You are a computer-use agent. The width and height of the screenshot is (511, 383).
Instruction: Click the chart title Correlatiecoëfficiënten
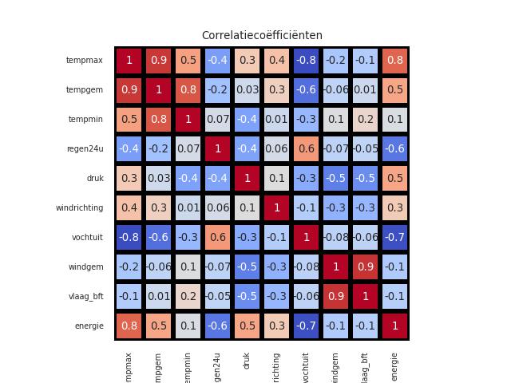pyautogui.click(x=262, y=35)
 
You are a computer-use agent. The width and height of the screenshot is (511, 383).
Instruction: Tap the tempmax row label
pyautogui.click(x=85, y=61)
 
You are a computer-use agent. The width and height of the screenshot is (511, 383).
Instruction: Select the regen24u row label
pyautogui.click(x=85, y=149)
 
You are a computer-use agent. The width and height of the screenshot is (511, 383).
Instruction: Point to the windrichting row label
pyautogui.click(x=79, y=208)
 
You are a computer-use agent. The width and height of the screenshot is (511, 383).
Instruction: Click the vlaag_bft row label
pyautogui.click(x=85, y=296)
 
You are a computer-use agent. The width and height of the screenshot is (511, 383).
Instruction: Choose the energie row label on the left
pyautogui.click(x=89, y=326)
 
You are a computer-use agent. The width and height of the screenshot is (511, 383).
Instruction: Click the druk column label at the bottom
pyautogui.click(x=247, y=361)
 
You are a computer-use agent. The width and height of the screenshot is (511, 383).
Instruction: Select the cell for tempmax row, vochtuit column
pyautogui.click(x=306, y=61)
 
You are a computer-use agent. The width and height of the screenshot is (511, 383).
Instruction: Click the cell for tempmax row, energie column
pyautogui.click(x=394, y=61)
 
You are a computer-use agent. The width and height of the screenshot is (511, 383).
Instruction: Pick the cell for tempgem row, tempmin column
pyautogui.click(x=188, y=90)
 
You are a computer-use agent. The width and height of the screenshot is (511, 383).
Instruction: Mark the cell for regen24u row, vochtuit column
pyautogui.click(x=306, y=149)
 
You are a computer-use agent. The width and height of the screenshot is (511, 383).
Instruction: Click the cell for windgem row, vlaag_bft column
pyautogui.click(x=365, y=267)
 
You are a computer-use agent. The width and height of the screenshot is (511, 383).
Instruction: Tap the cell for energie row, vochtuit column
pyautogui.click(x=306, y=326)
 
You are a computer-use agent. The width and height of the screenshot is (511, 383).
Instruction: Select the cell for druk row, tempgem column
pyautogui.click(x=158, y=179)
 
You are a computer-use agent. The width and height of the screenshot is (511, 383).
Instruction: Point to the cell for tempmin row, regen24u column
pyautogui.click(x=217, y=120)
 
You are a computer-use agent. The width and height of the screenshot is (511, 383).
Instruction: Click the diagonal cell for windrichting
pyautogui.click(x=276, y=208)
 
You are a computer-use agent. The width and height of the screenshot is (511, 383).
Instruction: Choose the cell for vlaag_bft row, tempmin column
pyautogui.click(x=188, y=296)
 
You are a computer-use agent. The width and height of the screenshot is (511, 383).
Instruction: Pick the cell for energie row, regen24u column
pyautogui.click(x=217, y=326)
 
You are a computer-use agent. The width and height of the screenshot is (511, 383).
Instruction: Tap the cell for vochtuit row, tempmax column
pyautogui.click(x=129, y=238)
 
